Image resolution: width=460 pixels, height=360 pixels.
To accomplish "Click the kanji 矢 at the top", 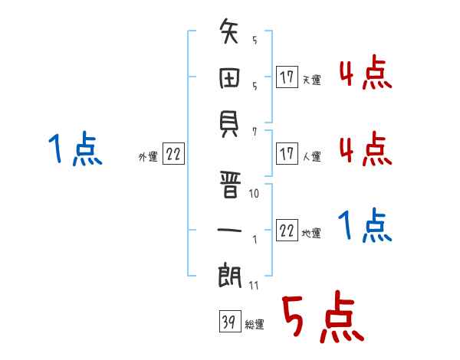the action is coord(228,31).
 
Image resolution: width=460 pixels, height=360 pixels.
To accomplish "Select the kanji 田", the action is coord(229,78).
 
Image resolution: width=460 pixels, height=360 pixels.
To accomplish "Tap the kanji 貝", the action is coord(228,124).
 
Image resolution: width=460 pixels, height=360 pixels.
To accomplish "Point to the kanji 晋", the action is coord(230,185).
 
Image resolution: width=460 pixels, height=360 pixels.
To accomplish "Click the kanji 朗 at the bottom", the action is coord(229,275).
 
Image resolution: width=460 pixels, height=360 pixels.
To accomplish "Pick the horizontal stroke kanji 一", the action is coord(229,230).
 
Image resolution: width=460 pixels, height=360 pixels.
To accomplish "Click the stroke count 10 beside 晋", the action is coord(254,194).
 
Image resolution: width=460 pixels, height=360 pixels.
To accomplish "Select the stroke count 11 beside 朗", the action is coord(254,285).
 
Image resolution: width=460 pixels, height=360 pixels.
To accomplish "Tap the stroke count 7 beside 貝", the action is coord(255,132).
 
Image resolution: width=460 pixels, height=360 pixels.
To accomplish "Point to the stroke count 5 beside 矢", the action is coord(255,40).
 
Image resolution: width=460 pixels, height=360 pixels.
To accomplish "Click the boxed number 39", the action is coord(230,321).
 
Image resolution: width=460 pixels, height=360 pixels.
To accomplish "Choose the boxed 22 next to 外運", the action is coord(173,153).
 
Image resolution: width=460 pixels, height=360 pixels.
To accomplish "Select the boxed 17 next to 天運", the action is coord(287,77).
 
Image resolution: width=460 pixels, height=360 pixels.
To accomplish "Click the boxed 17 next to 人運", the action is coord(287,153).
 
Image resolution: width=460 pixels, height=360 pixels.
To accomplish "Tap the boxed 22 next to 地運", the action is coord(287,230).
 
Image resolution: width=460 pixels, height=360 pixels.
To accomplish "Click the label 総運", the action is coord(255,325).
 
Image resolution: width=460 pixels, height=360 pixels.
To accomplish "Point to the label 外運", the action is coord(148,156).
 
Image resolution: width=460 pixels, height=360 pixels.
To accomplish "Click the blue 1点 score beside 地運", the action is coord(365,225).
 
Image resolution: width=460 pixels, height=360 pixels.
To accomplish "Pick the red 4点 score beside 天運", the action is coord(366,72).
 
